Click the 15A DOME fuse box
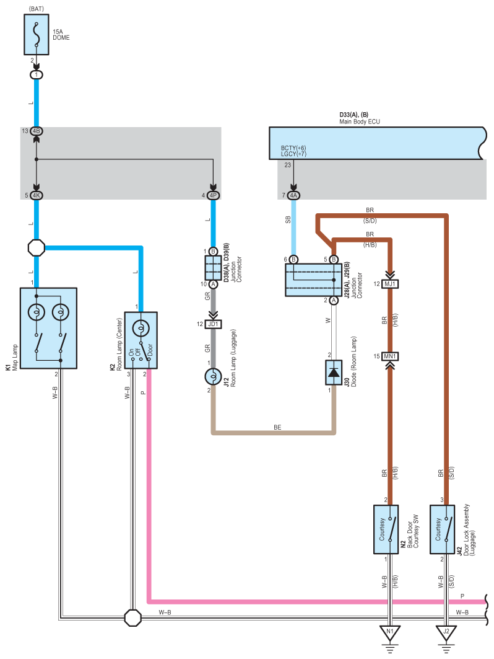(37, 35)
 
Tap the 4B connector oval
(37, 131)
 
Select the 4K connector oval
(37, 195)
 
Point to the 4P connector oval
(213, 195)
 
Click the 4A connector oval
(293, 195)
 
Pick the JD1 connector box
(213, 324)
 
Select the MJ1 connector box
(390, 284)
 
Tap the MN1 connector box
(390, 356)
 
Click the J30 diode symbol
(334, 373)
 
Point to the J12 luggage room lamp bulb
(213, 376)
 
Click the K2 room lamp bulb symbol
(141, 328)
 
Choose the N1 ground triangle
(390, 632)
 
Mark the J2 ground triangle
(446, 632)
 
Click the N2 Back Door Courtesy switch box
(386, 529)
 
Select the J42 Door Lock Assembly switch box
(443, 529)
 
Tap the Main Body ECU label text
(360, 122)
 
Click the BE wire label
(277, 427)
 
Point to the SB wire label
(288, 219)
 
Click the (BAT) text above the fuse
(37, 9)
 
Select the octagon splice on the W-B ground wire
(133, 618)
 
